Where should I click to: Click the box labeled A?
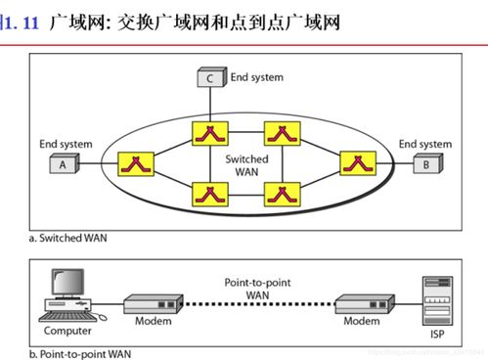point(63,164)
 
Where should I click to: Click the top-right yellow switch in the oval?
point(281,132)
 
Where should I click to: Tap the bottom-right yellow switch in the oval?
point(281,196)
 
